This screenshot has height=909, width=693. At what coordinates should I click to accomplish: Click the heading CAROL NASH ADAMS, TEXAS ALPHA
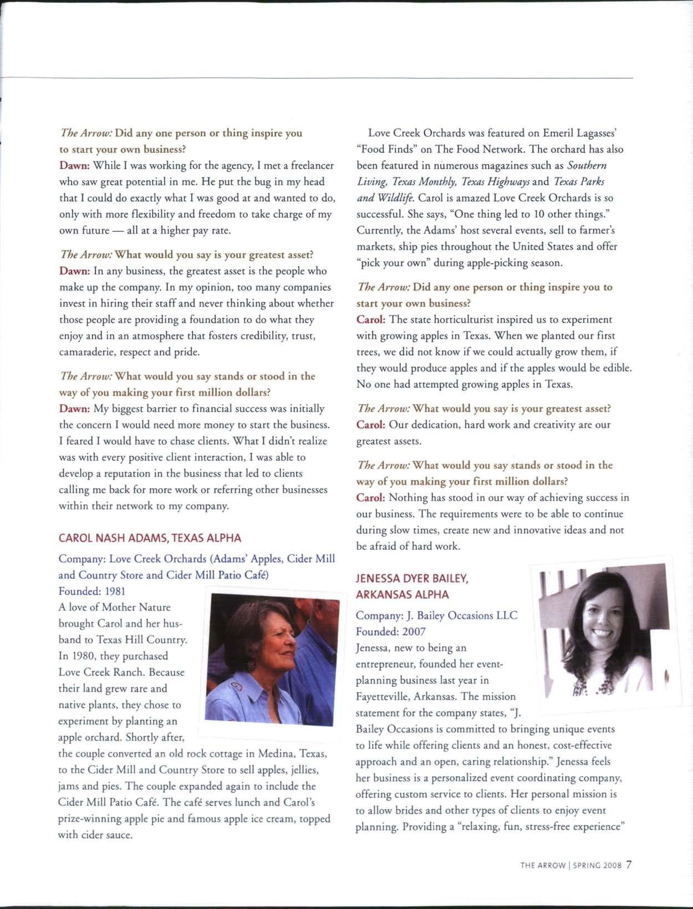point(150,538)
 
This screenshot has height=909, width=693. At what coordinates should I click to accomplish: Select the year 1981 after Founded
point(120,591)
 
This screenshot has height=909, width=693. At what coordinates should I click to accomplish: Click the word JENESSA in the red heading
point(378,579)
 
